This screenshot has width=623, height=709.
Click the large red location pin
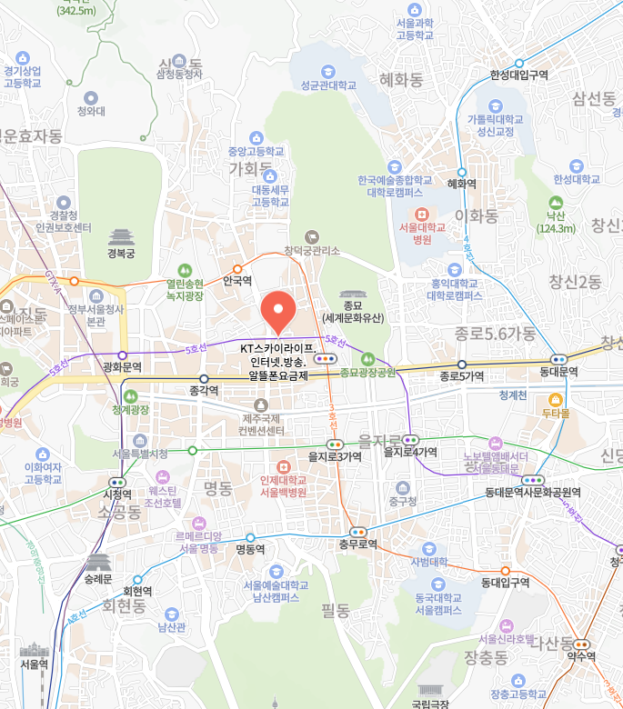(x=277, y=311)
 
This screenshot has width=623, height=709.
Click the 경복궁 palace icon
(x=121, y=237)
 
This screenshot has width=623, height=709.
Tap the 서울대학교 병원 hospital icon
(x=421, y=213)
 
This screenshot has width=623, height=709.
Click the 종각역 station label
(x=206, y=391)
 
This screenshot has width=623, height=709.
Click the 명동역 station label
(x=250, y=549)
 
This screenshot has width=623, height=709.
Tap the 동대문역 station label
(x=561, y=372)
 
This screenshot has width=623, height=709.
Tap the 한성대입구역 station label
(x=518, y=75)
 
